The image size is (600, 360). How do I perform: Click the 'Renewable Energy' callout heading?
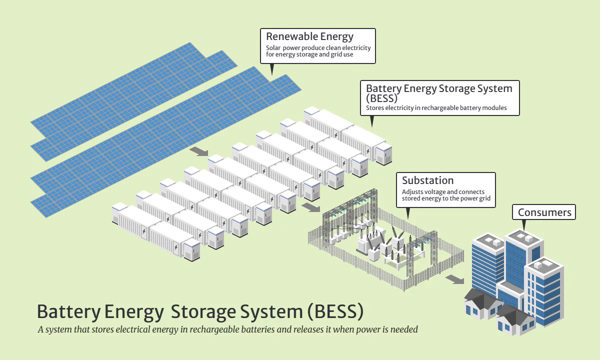pos(309,36)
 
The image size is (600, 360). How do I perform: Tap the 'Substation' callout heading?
pos(428,180)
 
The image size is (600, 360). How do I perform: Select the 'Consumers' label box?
pos(544,212)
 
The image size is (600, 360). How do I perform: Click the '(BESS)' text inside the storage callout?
pos(381,98)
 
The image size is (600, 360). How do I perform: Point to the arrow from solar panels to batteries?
pos(199,151)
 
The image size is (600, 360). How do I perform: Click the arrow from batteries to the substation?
pos(310,207)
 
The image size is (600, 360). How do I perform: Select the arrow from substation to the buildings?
pos(455,279)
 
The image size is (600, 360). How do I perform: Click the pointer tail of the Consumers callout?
pos(524,224)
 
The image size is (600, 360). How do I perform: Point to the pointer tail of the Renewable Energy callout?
pos(272,69)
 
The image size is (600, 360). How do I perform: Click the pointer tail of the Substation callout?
pos(408,213)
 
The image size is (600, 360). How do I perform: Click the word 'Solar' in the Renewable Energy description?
pos(273,48)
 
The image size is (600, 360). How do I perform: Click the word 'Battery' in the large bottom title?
pos(69,312)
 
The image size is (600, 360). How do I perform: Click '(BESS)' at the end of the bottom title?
pos(335,311)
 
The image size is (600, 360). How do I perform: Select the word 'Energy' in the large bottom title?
pos(134,312)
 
